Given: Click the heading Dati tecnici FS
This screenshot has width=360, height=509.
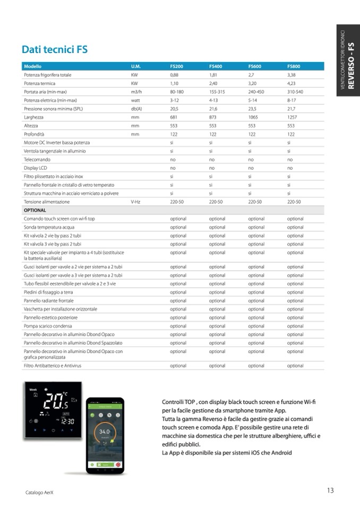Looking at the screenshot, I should click(x=54, y=50).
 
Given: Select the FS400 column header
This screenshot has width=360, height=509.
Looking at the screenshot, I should click(x=215, y=66).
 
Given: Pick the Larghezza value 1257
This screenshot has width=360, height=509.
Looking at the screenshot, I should click(x=292, y=117).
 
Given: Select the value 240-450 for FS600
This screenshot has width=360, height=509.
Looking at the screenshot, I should click(x=256, y=92).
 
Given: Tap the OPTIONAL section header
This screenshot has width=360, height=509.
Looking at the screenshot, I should click(x=35, y=210).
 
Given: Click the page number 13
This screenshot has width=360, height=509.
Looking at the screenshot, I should click(x=330, y=490).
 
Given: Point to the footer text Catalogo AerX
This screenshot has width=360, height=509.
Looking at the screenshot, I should click(x=40, y=492).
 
